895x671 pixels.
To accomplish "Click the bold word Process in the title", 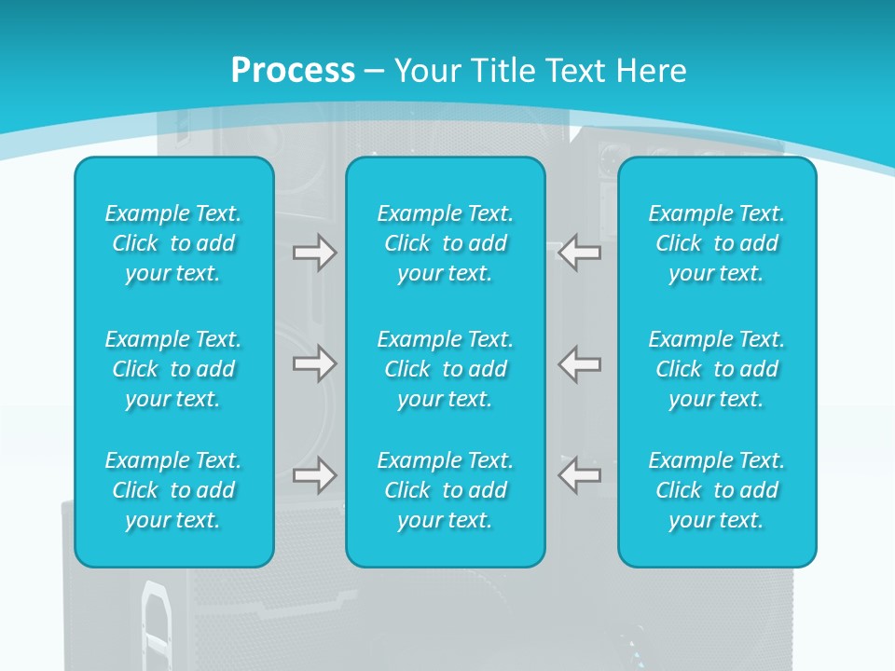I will click(x=293, y=71).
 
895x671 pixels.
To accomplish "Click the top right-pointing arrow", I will click(x=314, y=253).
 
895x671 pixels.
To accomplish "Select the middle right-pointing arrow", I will click(x=314, y=363).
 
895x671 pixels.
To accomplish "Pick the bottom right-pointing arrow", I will click(x=314, y=475).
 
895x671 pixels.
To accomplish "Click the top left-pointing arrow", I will click(x=579, y=253).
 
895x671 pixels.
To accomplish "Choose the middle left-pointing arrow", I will click(x=579, y=363).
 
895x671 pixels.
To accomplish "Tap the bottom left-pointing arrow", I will click(x=579, y=475).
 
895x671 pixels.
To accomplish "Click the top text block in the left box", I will click(x=173, y=243).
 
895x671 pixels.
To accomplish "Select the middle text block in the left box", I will click(x=173, y=369).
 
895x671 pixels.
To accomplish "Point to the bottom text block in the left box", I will click(x=173, y=490).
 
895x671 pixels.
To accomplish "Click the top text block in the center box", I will click(x=446, y=243).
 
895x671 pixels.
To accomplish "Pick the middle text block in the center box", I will click(x=446, y=369).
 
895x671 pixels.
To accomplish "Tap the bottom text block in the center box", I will click(x=446, y=490).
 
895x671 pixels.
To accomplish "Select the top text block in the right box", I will click(x=717, y=243).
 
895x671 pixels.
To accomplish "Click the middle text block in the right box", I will click(x=717, y=369).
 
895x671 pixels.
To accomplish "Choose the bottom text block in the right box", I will click(x=717, y=490).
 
